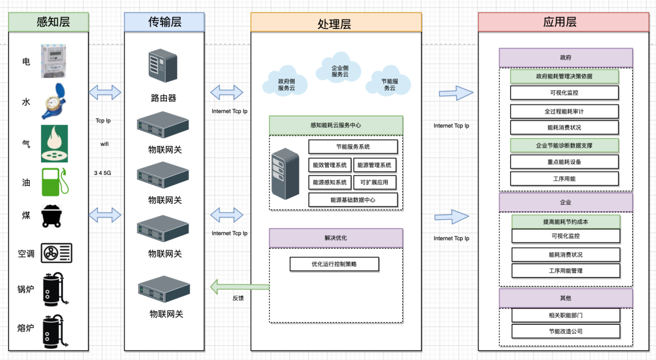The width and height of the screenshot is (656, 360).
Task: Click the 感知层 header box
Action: coord(49,22)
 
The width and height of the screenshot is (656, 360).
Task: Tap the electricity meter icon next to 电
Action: coord(54,60)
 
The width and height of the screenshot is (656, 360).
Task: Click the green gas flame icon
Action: coord(54,143)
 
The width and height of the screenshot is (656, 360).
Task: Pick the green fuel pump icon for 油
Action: coord(55,182)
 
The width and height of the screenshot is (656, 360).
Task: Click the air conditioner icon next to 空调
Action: coord(56,253)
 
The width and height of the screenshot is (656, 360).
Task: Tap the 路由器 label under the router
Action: coord(164,98)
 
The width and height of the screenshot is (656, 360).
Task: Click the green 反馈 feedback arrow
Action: coord(239,287)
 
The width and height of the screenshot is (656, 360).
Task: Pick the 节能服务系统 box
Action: coord(353,147)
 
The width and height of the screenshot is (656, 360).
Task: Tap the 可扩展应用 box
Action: coord(374,182)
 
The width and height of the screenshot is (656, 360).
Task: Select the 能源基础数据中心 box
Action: coord(353,200)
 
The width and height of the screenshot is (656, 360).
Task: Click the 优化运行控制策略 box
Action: coord(334,264)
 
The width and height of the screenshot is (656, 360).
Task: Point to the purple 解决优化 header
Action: coord(336,238)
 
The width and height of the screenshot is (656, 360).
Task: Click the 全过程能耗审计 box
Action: coord(564,111)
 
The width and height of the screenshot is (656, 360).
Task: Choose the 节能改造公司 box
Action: coord(566,331)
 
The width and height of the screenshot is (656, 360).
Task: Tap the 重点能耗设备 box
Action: coord(564,162)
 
